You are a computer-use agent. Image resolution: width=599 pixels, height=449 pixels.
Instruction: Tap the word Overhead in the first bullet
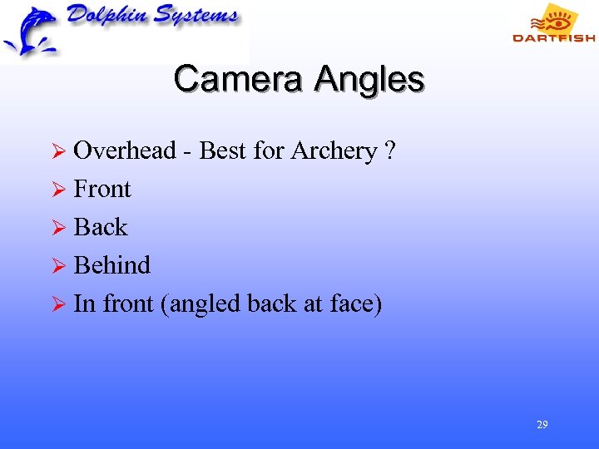tap(125, 150)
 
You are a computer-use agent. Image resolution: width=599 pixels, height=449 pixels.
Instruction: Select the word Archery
tap(333, 151)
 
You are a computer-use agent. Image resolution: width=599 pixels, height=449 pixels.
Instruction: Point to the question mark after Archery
tap(390, 150)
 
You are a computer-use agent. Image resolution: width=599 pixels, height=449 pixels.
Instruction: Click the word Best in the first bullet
tap(222, 150)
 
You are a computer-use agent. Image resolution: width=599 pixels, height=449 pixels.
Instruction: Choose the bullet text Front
tap(102, 189)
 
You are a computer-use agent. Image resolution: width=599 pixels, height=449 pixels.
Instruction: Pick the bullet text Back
tap(101, 227)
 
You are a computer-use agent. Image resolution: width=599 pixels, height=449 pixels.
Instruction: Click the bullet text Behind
tap(112, 265)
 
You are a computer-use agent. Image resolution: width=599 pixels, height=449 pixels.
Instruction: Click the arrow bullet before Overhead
tap(58, 151)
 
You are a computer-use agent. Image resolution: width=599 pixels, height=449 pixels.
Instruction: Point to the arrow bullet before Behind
tap(58, 266)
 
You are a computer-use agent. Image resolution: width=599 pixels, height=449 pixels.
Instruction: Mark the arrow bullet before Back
tap(58, 228)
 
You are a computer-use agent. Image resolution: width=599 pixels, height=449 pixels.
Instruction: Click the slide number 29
tap(542, 425)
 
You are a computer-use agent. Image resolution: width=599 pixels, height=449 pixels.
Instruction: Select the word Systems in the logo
tap(191, 17)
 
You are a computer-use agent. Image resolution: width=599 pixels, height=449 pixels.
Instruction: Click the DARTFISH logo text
tap(553, 37)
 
